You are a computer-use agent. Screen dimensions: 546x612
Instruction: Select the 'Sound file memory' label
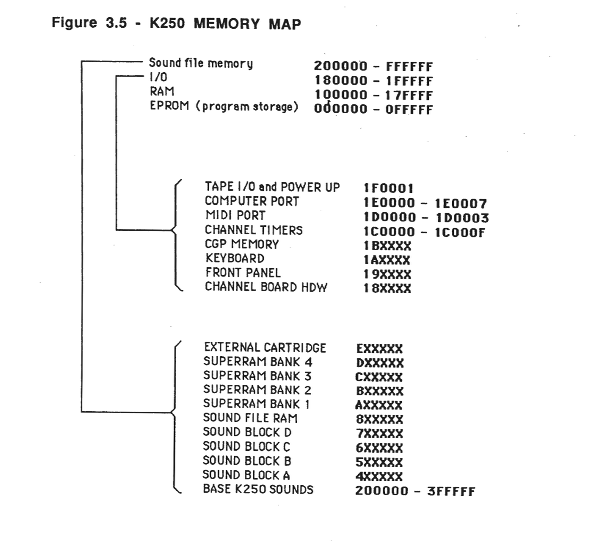(201, 63)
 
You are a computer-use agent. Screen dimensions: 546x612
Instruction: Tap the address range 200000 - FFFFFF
(373, 66)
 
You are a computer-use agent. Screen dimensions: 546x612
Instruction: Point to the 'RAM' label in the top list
(162, 92)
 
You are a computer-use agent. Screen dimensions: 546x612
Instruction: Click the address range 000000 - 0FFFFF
(373, 109)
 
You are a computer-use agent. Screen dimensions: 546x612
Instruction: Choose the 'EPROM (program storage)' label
(224, 107)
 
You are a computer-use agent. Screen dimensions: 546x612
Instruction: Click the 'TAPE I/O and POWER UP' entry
(272, 187)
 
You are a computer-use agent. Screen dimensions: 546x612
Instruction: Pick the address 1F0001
(388, 188)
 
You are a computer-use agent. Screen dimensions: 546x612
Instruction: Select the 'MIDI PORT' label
(235, 216)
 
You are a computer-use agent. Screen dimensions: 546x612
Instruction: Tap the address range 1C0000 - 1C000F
(424, 232)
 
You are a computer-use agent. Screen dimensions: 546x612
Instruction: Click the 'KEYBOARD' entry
(235, 258)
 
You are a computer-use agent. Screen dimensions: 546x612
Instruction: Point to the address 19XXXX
(387, 275)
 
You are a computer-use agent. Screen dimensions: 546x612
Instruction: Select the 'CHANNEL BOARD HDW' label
(266, 287)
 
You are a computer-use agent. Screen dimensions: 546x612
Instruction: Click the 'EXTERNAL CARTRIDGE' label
(265, 348)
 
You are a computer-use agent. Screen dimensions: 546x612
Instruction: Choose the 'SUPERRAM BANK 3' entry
(257, 376)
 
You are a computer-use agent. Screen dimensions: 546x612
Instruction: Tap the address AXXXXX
(379, 405)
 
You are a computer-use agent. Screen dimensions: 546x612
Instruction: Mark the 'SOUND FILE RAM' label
(250, 418)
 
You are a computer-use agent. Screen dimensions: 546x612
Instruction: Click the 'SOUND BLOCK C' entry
(246, 446)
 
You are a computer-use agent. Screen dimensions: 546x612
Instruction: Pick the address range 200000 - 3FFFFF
(415, 491)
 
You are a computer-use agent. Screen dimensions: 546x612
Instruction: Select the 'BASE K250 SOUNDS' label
(258, 490)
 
